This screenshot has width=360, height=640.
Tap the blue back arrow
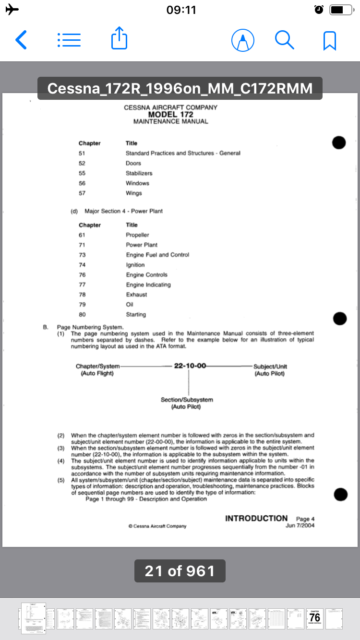pyautogui.click(x=21, y=40)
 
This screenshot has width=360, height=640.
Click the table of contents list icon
pyautogui.click(x=69, y=40)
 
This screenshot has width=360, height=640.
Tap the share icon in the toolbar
pyautogui.click(x=119, y=38)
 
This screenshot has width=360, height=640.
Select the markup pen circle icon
pyautogui.click(x=243, y=40)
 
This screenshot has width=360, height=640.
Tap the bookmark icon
pyautogui.click(x=330, y=41)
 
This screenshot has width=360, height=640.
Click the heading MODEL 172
pyautogui.click(x=170, y=115)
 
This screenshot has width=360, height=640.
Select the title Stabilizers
pyautogui.click(x=139, y=173)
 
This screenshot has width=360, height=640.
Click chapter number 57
pyautogui.click(x=82, y=193)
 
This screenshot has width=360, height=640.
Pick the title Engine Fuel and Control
pyautogui.click(x=157, y=255)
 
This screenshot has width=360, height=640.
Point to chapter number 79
pyautogui.click(x=82, y=305)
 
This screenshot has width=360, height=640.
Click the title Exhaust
pyautogui.click(x=136, y=295)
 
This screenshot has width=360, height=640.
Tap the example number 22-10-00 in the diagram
pyautogui.click(x=190, y=366)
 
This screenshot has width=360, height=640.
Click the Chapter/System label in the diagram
pyautogui.click(x=97, y=367)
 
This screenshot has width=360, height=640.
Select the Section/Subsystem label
pyautogui.click(x=187, y=400)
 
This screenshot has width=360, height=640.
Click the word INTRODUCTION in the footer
pyautogui.click(x=256, y=518)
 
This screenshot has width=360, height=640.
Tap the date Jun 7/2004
pyautogui.click(x=300, y=525)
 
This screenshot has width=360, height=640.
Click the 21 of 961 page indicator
pyautogui.click(x=180, y=571)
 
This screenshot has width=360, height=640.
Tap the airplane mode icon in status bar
pyautogui.click(x=12, y=10)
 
